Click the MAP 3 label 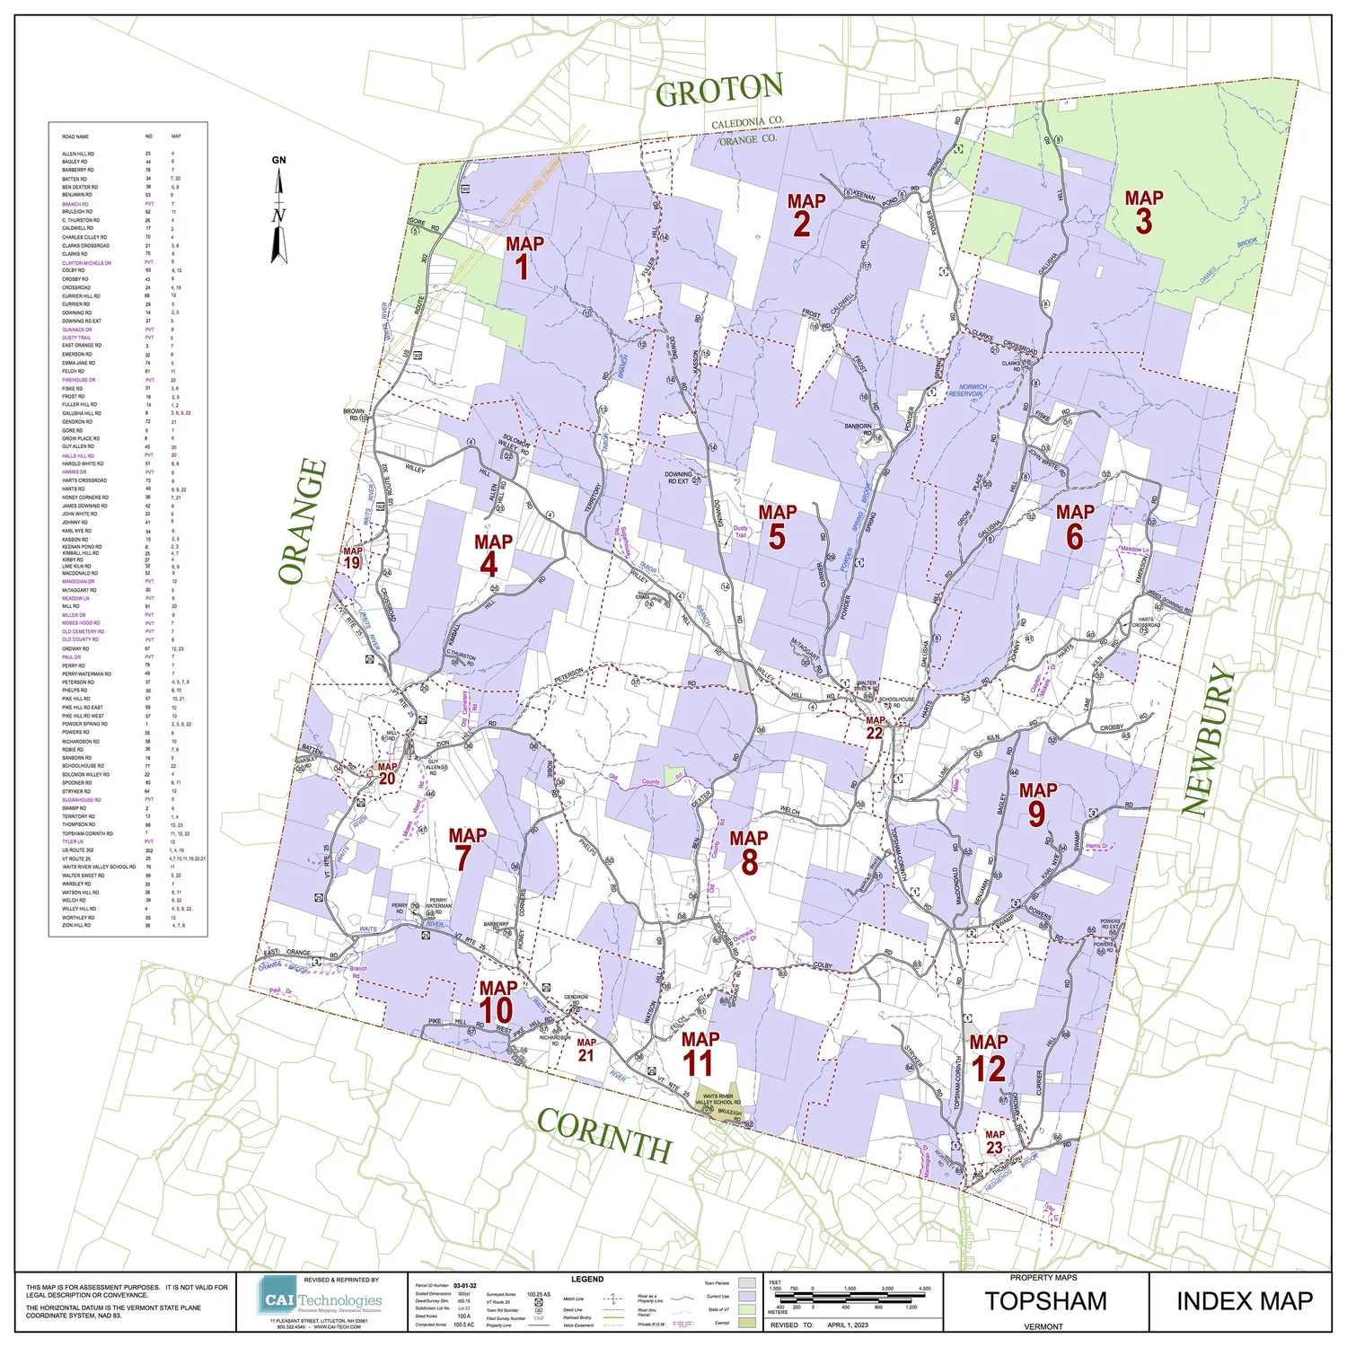coord(1143,212)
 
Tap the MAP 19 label coord(352,558)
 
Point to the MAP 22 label coord(875,727)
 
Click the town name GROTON coord(718,90)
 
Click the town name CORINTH coord(604,1135)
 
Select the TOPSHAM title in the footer coord(1045,1301)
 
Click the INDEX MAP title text coord(1244,1301)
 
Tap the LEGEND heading coord(587,1279)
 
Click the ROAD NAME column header coord(75,136)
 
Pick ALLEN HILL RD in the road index coord(77,154)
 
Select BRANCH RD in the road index coord(75,204)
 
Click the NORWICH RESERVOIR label coord(967,391)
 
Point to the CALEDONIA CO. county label coord(747,122)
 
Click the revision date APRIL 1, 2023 coord(848,1325)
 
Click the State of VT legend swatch coord(747,1309)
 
